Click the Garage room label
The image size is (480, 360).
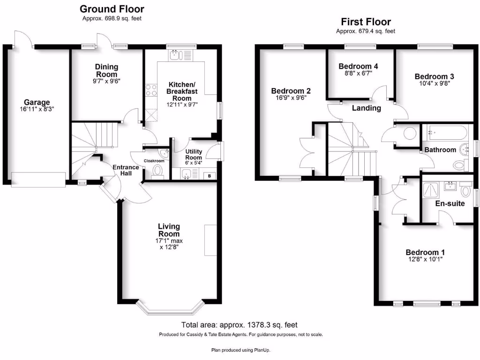pyautogui.click(x=37, y=102)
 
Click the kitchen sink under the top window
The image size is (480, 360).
pyautogui.click(x=176, y=56)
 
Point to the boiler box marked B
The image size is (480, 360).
pyautogui.click(x=209, y=176)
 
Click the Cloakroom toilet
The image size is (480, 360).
pyautogui.click(x=157, y=170)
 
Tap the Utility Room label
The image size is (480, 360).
pyautogui.click(x=193, y=155)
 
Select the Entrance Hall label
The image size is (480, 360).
pyautogui.click(x=125, y=170)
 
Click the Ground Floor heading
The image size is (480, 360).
pyautogui.click(x=112, y=9)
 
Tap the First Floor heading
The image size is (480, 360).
pyautogui.click(x=366, y=22)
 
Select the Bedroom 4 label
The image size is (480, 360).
pyautogui.click(x=358, y=66)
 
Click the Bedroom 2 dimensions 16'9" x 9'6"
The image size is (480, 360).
pyautogui.click(x=291, y=98)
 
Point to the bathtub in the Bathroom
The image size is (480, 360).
pyautogui.click(x=445, y=133)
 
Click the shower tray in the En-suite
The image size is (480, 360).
pyautogui.click(x=431, y=190)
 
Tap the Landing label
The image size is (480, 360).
pyautogui.click(x=367, y=108)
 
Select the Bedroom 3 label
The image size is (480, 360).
pyautogui.click(x=434, y=76)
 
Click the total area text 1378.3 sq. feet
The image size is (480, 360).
pyautogui.click(x=240, y=325)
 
